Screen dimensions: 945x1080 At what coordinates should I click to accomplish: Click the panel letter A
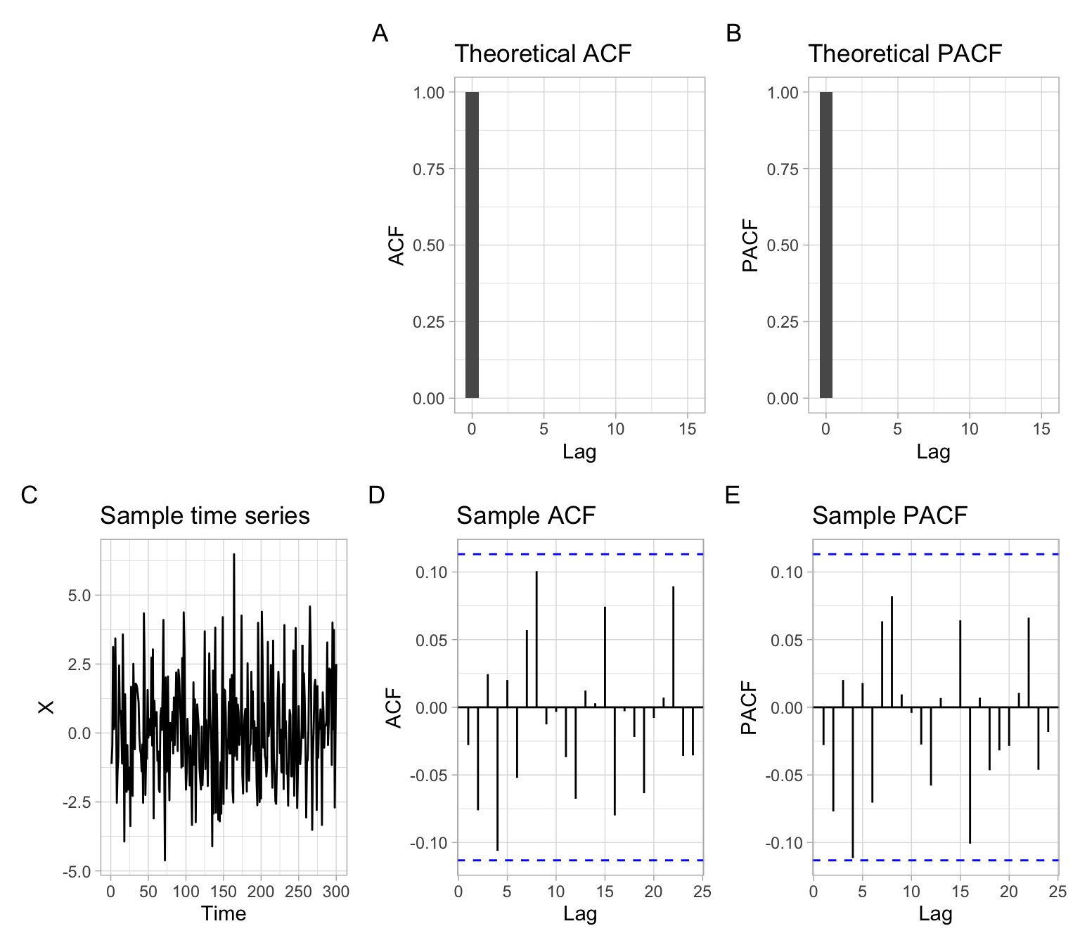(x=380, y=34)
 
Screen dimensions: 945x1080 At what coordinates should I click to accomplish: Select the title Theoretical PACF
(x=904, y=54)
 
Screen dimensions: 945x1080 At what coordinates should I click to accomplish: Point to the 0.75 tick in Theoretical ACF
(x=429, y=169)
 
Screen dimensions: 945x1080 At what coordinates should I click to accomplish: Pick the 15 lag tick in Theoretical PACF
(x=1041, y=429)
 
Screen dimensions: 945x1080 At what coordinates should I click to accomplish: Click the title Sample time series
(x=205, y=516)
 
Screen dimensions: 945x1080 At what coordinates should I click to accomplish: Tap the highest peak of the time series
(x=234, y=555)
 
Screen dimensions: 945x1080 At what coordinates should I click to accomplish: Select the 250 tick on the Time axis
(x=298, y=892)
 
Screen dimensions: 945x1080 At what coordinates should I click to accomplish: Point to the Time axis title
(x=224, y=913)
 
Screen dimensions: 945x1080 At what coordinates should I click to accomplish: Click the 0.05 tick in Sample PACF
(x=785, y=640)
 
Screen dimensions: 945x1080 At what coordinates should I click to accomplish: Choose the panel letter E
(x=732, y=496)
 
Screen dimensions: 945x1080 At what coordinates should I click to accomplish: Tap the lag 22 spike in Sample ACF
(x=673, y=647)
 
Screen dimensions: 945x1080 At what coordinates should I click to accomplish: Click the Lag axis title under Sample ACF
(x=580, y=914)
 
